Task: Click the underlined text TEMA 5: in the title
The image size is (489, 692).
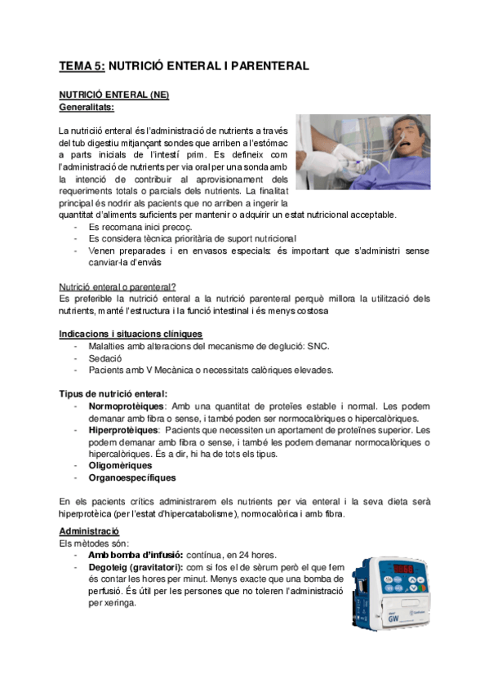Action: click(x=82, y=65)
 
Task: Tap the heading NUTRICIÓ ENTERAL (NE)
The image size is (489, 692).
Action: click(x=113, y=95)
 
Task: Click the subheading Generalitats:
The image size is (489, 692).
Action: click(x=87, y=106)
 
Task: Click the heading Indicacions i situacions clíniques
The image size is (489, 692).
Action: click(x=131, y=334)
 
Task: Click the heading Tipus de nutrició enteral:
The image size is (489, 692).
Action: click(x=113, y=393)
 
